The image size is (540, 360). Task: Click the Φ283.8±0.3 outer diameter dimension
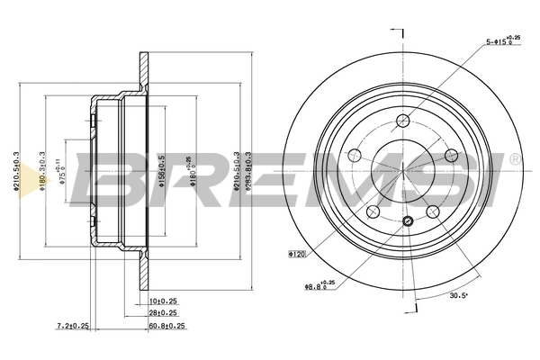(247, 172)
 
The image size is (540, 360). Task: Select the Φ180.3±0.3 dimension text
(41, 172)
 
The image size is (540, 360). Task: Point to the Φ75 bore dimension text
(63, 171)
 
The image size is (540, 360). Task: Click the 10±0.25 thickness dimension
(163, 300)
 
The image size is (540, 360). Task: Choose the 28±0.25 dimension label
(163, 311)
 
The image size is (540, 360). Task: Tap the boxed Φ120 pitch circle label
(298, 255)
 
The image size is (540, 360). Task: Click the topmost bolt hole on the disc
(404, 121)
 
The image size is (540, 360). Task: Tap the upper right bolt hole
(453, 157)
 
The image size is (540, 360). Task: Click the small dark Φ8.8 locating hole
(409, 221)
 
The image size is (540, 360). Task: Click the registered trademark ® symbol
(514, 159)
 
